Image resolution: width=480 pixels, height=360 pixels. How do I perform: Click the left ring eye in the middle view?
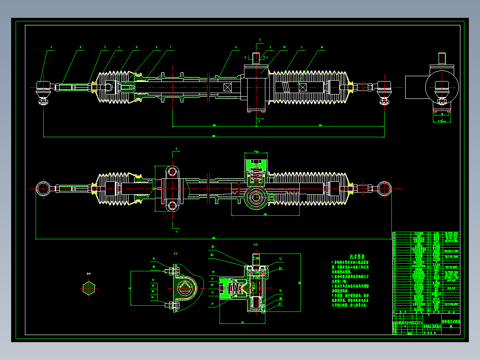pyautogui.click(x=43, y=188)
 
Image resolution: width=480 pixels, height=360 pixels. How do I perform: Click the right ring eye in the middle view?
pyautogui.click(x=384, y=188)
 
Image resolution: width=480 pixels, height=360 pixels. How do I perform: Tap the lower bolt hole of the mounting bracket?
pyautogui.click(x=172, y=205)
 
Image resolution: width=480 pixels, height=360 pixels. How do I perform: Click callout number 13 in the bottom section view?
pyautogui.click(x=281, y=259)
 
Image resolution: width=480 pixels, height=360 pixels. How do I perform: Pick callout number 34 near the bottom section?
pyautogui.click(x=213, y=246)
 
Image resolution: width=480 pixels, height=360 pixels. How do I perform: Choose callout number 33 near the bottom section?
pyautogui.click(x=213, y=255)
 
